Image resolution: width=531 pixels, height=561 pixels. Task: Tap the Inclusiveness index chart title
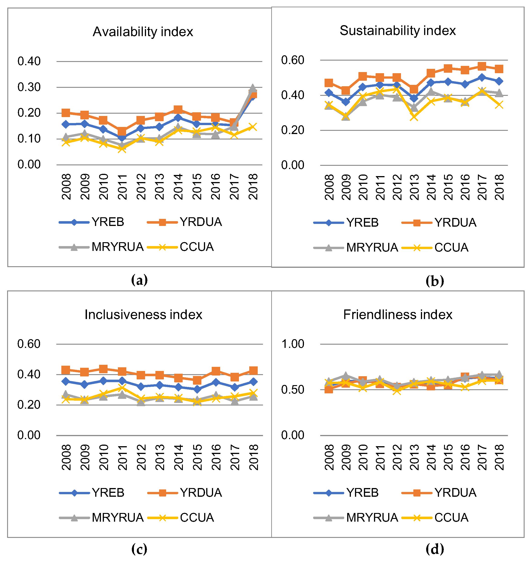click(x=143, y=315)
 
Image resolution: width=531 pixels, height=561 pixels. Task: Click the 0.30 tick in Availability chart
click(x=29, y=87)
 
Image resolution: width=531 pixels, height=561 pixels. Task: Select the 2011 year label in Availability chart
click(x=122, y=187)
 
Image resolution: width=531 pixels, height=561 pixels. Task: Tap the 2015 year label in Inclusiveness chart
click(x=197, y=457)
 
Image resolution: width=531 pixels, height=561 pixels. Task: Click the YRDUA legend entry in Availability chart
click(x=201, y=222)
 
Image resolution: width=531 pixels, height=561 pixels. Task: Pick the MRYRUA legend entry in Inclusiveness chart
click(x=117, y=518)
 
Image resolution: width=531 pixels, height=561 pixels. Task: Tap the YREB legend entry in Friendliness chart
click(x=362, y=493)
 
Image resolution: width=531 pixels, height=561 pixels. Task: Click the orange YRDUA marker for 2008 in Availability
click(x=66, y=113)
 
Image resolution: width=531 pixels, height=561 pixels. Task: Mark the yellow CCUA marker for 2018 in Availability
click(x=253, y=127)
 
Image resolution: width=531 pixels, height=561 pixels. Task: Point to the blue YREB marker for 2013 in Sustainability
click(x=414, y=98)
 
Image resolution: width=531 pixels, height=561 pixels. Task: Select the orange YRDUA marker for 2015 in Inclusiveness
click(x=197, y=380)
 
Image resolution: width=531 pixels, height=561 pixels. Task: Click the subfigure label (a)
click(x=139, y=280)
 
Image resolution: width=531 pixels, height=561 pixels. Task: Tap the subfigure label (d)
click(x=434, y=549)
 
